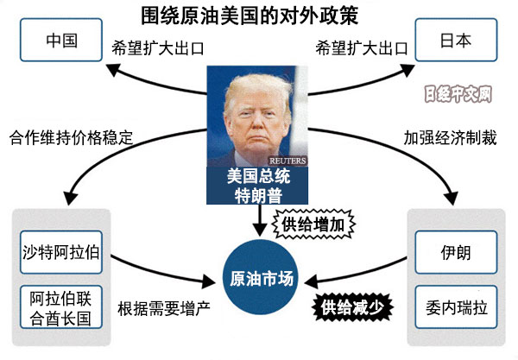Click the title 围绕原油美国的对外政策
259,15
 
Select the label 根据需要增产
165,306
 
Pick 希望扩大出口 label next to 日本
357,44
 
